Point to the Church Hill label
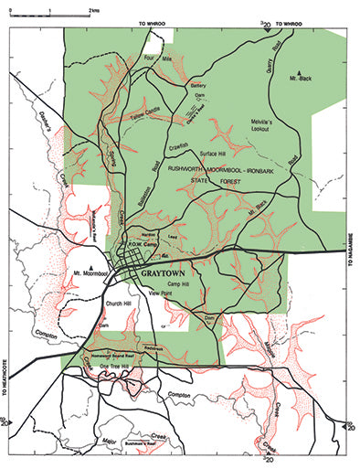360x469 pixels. (121, 304)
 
